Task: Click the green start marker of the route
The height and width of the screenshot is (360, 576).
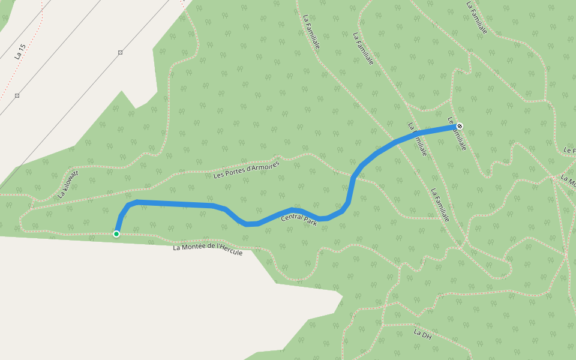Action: point(116,233)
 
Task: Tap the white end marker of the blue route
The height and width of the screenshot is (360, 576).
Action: point(460,125)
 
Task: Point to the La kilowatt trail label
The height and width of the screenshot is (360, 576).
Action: point(68,184)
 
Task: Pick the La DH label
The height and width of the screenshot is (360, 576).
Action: point(422,334)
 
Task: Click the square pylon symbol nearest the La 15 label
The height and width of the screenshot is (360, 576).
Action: point(17,95)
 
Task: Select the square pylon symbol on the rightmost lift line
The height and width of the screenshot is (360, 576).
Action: point(120,53)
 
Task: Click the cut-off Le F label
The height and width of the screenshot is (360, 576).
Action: point(570,150)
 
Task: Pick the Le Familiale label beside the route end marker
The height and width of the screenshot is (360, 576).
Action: point(457,133)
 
